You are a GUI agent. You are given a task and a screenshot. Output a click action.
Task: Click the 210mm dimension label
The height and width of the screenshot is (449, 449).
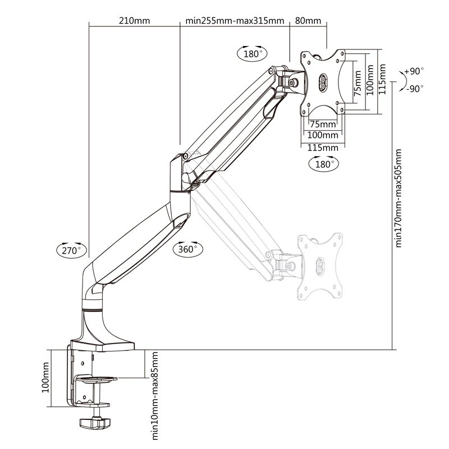[134, 21]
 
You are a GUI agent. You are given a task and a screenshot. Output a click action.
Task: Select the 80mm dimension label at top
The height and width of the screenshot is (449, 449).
[308, 21]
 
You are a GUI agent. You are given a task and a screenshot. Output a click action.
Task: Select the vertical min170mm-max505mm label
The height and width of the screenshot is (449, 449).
[399, 198]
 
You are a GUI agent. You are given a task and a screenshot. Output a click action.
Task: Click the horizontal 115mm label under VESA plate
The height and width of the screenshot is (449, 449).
[323, 147]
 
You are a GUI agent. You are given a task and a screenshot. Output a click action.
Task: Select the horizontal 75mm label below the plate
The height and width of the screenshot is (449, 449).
[323, 124]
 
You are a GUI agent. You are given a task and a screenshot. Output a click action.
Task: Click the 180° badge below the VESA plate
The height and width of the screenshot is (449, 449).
[323, 164]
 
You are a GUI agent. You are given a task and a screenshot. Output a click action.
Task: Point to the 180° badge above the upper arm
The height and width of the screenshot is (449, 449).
[250, 54]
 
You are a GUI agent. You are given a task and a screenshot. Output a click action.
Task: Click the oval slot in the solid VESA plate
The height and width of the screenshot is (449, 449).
[323, 83]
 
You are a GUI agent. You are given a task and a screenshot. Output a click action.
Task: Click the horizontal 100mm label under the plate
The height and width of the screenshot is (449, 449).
[323, 135]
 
